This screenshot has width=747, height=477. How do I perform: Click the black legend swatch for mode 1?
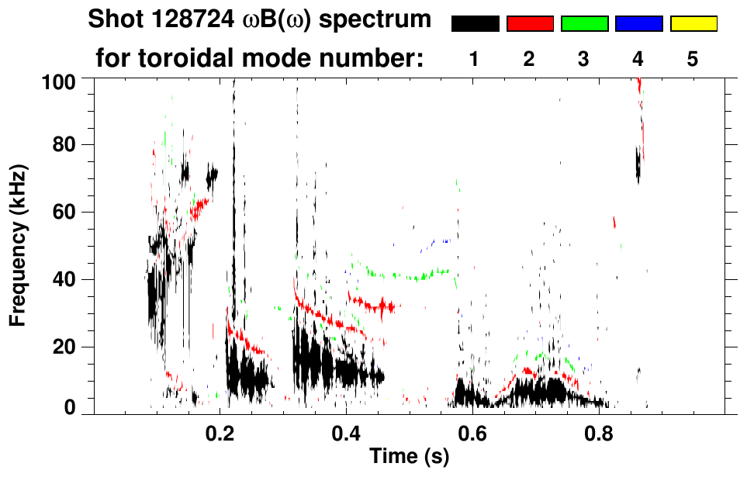click(x=475, y=24)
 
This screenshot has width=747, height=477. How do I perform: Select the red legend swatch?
click(x=530, y=24)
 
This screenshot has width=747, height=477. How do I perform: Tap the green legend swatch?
click(x=584, y=24)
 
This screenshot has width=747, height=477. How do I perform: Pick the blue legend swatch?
click(x=638, y=24)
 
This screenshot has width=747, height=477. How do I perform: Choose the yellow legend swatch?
click(x=693, y=24)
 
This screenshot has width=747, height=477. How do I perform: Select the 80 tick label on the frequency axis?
click(x=69, y=145)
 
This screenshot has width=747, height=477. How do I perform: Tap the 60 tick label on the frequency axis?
click(x=69, y=213)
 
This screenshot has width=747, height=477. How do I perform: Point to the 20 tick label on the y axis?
click(x=69, y=347)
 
